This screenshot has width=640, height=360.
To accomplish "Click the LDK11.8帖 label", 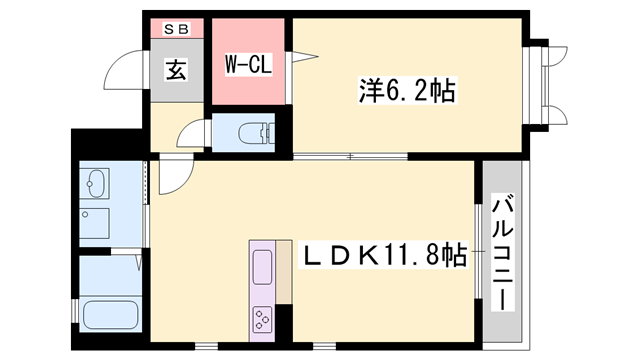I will pos(385,257).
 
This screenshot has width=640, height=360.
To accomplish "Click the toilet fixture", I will pos(244,133).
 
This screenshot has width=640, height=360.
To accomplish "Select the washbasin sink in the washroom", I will pos(98,185).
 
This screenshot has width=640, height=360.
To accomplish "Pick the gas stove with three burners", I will pos(263,320).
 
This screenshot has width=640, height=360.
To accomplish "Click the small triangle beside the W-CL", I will pos(298,58).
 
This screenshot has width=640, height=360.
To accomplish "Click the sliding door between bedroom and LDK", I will pos(350,156).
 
